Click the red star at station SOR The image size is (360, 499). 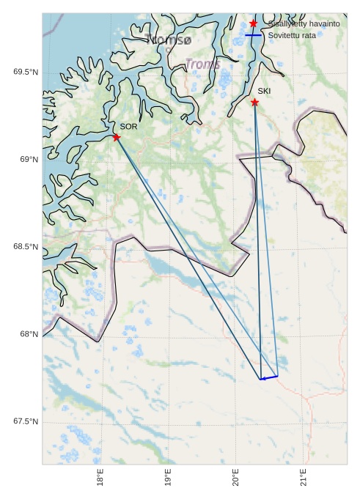[x=117, y=137]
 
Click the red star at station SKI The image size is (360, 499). [x=254, y=102]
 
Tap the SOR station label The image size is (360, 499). [x=128, y=127]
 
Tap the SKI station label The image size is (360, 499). [x=264, y=91]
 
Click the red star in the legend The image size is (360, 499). [x=253, y=23]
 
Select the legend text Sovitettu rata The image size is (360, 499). [x=292, y=35]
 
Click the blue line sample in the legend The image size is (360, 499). [x=253, y=35]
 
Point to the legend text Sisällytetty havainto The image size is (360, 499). [x=304, y=23]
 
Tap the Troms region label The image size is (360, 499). [x=202, y=64]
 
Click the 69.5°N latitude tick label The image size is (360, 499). [x=25, y=72]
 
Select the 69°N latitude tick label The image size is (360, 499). [x=29, y=160]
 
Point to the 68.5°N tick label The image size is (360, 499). [x=25, y=247]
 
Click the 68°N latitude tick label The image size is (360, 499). [x=29, y=334]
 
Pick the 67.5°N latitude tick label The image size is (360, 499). [x=25, y=422]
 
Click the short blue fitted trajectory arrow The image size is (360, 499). [x=268, y=377]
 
